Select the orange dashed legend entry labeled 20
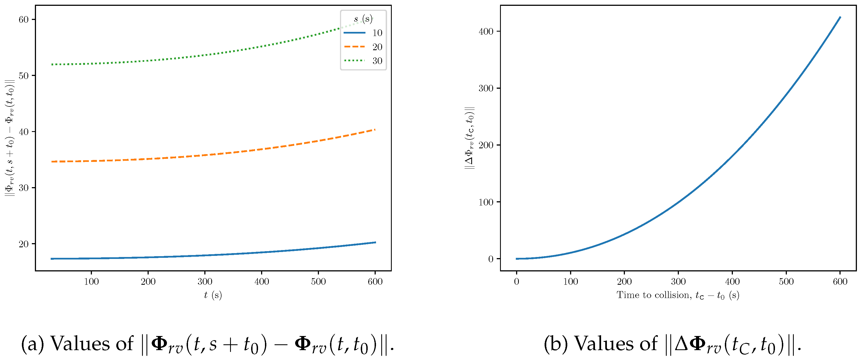[x=363, y=47]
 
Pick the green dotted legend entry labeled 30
[x=363, y=61]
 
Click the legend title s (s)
[x=363, y=19]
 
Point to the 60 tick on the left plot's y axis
[x=24, y=19]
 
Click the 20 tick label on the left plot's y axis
[x=24, y=244]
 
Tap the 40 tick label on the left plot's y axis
[x=24, y=131]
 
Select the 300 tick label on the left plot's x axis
[x=205, y=281]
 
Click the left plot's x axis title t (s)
[x=213, y=295]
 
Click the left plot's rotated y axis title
[x=10, y=138]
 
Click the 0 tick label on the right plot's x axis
[x=517, y=281]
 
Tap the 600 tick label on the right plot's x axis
[x=840, y=281]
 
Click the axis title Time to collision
[x=678, y=295]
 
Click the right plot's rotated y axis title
[x=470, y=138]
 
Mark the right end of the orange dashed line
[x=375, y=129]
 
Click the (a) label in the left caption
[x=32, y=344]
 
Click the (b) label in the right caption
[x=555, y=344]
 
